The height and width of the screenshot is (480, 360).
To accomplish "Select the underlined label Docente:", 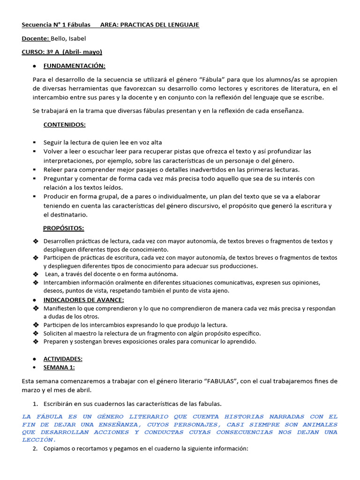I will coord(36,38).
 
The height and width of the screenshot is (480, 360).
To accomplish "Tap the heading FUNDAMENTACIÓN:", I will coord(74,65).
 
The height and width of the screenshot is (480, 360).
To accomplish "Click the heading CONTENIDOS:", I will coord(64,125).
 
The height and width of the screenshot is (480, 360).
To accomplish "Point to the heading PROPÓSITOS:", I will coord(64,228).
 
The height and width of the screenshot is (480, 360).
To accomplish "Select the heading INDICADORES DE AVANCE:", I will coord(83,300).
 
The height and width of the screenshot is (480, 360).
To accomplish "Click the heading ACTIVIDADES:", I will coord(63,359).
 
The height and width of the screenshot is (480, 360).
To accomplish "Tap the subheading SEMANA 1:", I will coord(59,367).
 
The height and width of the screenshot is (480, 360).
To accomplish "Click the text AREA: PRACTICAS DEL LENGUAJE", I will coord(150,25).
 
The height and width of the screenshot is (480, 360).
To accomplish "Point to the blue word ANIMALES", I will coord(320,424).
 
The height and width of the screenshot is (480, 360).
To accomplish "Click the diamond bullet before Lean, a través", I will coord(36,274).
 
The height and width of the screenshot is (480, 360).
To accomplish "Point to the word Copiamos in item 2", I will coord(58,449).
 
